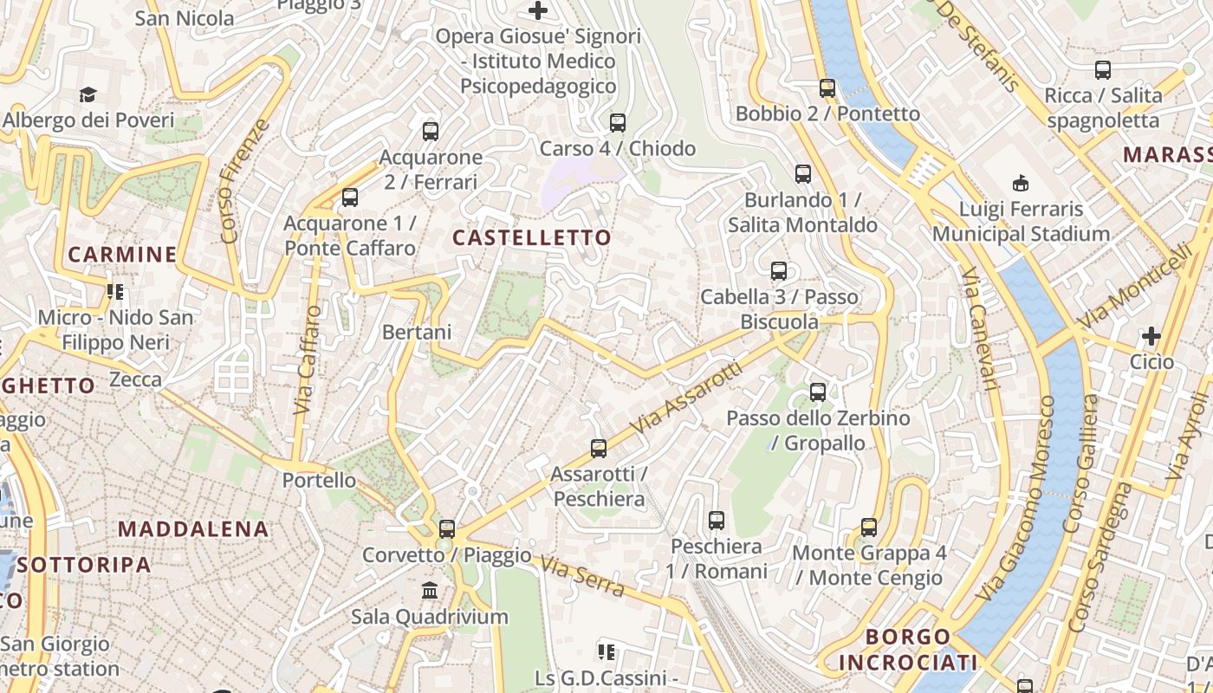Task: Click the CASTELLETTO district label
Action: coord(532,237)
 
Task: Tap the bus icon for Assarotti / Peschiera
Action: coord(599,448)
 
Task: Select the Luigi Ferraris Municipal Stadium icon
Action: coord(1021,183)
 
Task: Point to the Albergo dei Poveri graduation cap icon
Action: coord(88,94)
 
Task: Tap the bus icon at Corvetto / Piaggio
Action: coord(447,528)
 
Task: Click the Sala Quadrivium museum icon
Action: coord(429,591)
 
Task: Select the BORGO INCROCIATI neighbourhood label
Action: coord(908,650)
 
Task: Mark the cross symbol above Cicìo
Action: coord(1151,335)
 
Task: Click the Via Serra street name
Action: coord(582,576)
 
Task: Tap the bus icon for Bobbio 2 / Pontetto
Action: coord(827,87)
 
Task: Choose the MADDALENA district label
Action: coord(193,528)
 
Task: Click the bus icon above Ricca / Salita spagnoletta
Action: coord(1102,70)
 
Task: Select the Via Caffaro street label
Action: coord(308,359)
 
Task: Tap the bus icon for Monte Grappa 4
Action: coord(869,527)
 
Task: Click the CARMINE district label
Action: coord(122,255)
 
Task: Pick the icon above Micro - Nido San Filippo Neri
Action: coord(115,292)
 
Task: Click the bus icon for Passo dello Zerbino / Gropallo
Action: coord(818,392)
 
